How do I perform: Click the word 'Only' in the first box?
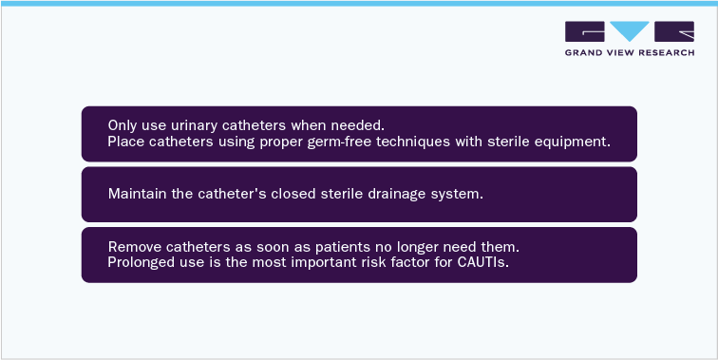[122, 125]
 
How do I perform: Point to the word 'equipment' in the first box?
[573, 142]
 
